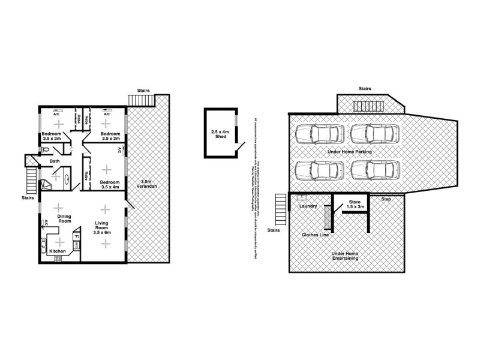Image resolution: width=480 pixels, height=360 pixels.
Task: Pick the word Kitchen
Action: [57, 251]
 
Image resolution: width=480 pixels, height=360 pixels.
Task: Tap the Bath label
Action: [55, 161]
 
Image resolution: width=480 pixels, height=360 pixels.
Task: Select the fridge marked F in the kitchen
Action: [76, 236]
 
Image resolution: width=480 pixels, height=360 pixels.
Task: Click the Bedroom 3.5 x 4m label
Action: [109, 184]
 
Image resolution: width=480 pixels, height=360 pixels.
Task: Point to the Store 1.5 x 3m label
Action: [355, 205]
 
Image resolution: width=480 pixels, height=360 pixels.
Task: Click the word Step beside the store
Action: [386, 199]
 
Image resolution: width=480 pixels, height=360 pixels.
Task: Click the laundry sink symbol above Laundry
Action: [302, 197]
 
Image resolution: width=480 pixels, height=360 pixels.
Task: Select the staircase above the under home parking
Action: [364, 106]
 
